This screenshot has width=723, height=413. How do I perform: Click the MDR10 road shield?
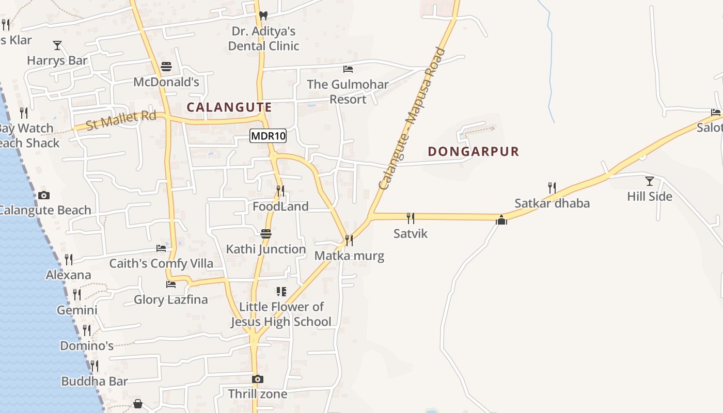[x=268, y=136]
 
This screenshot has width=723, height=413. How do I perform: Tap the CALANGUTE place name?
[x=229, y=107]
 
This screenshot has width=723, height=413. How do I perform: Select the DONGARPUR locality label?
[x=474, y=152]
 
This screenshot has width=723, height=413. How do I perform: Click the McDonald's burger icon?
[x=166, y=67]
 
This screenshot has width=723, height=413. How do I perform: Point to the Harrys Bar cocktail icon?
[x=57, y=45]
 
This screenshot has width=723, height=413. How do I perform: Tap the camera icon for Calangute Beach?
[x=44, y=195]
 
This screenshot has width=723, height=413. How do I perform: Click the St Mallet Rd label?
[x=121, y=120]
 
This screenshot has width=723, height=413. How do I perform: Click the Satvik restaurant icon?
[x=411, y=218]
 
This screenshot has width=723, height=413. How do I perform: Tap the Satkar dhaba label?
[x=552, y=203]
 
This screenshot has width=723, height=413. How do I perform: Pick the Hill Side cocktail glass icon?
[x=650, y=181]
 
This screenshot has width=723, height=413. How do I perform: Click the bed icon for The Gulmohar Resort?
[x=348, y=69]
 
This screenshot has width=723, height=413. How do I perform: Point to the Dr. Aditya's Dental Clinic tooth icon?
[x=263, y=16]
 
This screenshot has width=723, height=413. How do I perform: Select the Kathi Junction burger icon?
[x=266, y=234]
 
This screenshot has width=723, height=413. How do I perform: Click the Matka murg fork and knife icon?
[x=349, y=241]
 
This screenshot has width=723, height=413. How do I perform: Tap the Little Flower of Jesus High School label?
[x=281, y=314]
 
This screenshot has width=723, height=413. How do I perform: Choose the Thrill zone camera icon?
[x=257, y=379]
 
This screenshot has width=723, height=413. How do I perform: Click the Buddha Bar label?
[x=95, y=382]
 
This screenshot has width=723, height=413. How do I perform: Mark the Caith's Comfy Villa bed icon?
[x=161, y=248]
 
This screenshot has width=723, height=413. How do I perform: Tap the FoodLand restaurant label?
[x=280, y=206]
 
